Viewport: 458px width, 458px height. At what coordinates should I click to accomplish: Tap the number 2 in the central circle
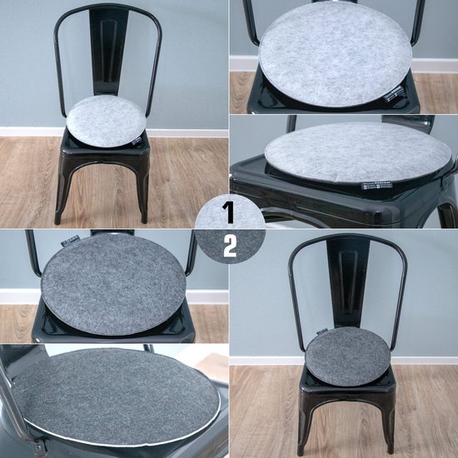230,246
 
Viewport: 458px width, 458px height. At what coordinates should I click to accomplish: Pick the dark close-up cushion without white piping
114,283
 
